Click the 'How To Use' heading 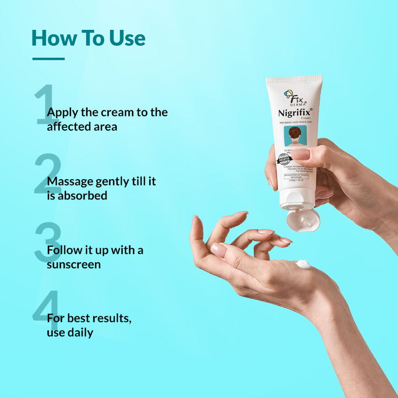click(88, 38)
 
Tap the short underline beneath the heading click(48, 59)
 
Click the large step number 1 click(45, 104)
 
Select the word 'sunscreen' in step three click(74, 264)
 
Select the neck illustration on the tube click(295, 136)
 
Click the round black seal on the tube click(285, 159)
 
